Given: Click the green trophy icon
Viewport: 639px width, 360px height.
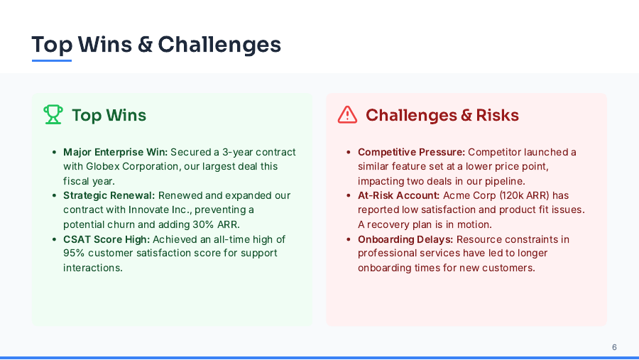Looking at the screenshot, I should pyautogui.click(x=53, y=115).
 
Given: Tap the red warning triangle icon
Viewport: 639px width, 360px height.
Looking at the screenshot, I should pyautogui.click(x=347, y=115).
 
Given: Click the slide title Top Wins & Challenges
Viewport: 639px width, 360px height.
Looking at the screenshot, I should pyautogui.click(x=156, y=45).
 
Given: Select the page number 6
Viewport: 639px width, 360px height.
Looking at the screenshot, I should pyautogui.click(x=614, y=347).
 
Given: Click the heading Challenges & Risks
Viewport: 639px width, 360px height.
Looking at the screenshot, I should pyautogui.click(x=442, y=115).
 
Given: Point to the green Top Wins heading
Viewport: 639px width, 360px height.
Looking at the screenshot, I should pyautogui.click(x=109, y=115).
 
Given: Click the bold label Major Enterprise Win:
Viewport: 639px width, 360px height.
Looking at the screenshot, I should pyautogui.click(x=115, y=152).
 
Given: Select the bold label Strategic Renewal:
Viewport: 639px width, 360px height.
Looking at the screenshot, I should pyautogui.click(x=109, y=195).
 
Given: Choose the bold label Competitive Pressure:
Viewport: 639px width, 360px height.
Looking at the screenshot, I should pyautogui.click(x=411, y=152).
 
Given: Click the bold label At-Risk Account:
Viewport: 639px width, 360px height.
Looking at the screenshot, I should pyautogui.click(x=398, y=195).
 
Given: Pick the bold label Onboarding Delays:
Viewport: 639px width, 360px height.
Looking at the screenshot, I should pyautogui.click(x=405, y=239).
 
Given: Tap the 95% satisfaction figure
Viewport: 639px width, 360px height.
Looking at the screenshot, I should pyautogui.click(x=75, y=253).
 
